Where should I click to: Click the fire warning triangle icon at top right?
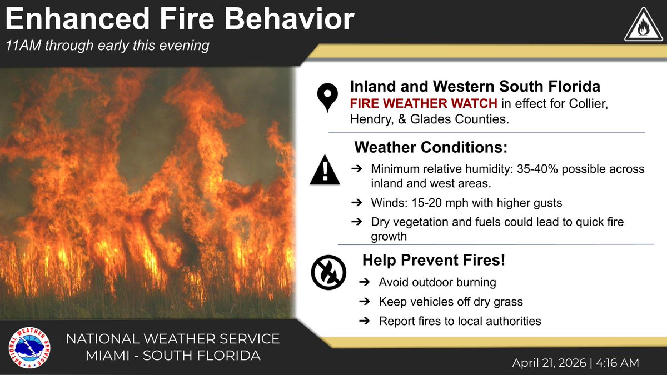(x=643, y=26)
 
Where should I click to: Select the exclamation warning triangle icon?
(x=325, y=170)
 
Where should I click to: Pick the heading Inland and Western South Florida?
(x=474, y=87)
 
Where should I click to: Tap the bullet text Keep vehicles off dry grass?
(x=451, y=302)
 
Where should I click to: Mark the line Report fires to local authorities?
(x=460, y=321)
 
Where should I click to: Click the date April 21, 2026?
(x=549, y=362)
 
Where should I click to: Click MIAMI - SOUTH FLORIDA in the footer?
(x=172, y=355)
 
